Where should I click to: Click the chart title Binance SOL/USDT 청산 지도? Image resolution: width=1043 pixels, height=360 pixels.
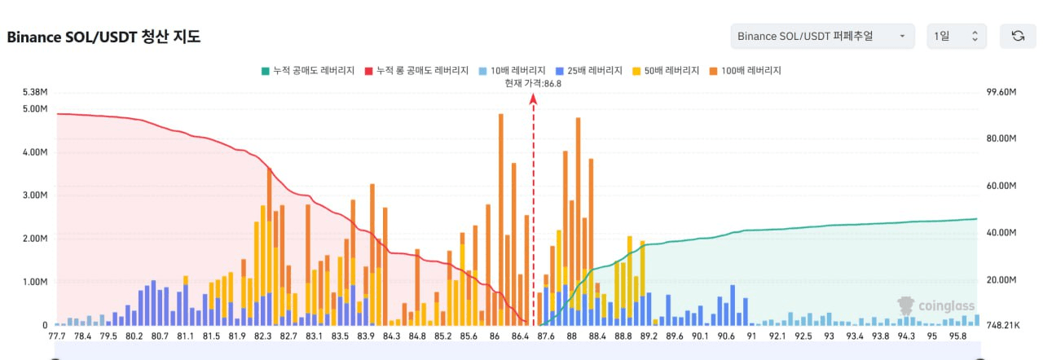pyautogui.click(x=103, y=37)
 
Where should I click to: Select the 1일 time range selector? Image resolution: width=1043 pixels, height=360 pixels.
pyautogui.click(x=957, y=36)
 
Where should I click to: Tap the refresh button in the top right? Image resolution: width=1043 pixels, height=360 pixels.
pyautogui.click(x=1018, y=36)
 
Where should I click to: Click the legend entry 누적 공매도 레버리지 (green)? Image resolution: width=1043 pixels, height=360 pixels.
pyautogui.click(x=308, y=71)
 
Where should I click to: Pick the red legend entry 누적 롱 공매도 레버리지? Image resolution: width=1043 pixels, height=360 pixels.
pyautogui.click(x=417, y=71)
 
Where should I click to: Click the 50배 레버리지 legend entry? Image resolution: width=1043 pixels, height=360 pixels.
pyautogui.click(x=667, y=71)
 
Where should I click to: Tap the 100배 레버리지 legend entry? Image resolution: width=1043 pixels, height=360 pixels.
pyautogui.click(x=746, y=71)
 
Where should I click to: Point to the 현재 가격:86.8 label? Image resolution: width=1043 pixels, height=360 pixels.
pyautogui.click(x=533, y=83)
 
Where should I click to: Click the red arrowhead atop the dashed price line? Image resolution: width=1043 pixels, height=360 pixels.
pyautogui.click(x=534, y=99)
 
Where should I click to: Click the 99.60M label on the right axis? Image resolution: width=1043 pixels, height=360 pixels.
pyautogui.click(x=1001, y=93)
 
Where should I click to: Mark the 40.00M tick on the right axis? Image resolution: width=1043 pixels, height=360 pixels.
pyautogui.click(x=1001, y=233)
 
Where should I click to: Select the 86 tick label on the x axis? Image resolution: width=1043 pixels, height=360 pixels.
pyautogui.click(x=495, y=336)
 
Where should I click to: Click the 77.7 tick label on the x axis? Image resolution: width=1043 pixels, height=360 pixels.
pyautogui.click(x=57, y=336)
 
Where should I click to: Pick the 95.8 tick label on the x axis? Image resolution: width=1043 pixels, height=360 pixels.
pyautogui.click(x=959, y=336)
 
